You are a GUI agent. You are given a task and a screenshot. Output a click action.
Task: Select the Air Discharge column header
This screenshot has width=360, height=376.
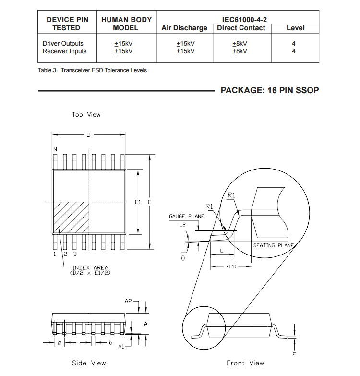[x=184, y=28]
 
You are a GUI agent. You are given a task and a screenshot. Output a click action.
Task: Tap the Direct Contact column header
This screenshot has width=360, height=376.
[x=241, y=28]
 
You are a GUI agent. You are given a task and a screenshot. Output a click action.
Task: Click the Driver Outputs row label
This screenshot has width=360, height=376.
[x=63, y=44]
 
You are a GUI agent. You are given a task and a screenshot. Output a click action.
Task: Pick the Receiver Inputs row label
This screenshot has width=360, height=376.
[x=65, y=51]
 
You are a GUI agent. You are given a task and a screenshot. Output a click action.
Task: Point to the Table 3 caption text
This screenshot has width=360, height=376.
[x=92, y=70]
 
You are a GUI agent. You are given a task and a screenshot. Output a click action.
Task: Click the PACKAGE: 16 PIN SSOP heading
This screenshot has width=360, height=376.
[x=270, y=90]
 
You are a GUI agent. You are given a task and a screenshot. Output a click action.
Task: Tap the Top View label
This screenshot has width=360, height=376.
[x=86, y=114]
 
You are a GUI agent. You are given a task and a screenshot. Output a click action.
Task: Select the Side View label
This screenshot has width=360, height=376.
[x=89, y=363]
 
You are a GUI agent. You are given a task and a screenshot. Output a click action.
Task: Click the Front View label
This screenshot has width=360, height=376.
[x=245, y=363]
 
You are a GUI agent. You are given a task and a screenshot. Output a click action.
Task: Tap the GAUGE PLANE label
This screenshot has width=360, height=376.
[x=186, y=216]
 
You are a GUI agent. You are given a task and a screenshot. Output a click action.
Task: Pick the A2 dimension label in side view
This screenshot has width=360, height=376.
[x=128, y=301]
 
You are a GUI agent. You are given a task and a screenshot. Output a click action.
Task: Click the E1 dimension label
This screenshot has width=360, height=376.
[x=138, y=203]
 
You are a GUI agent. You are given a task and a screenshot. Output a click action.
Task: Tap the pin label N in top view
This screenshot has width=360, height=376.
[x=55, y=149]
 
